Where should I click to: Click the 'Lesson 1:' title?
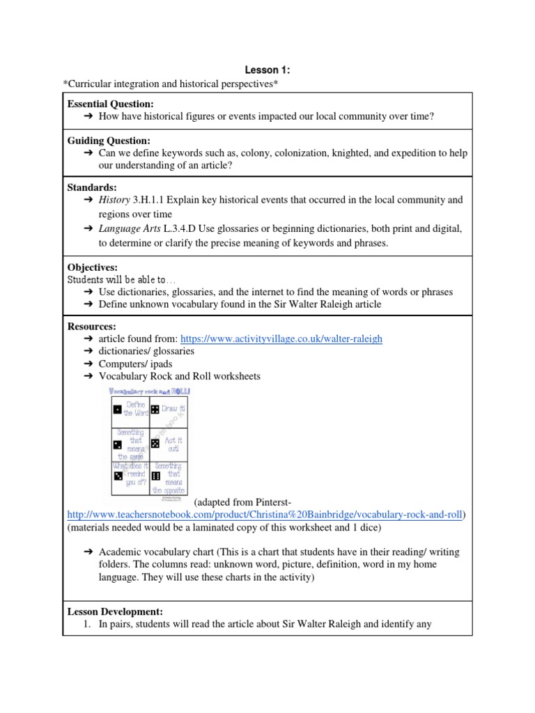click(x=267, y=70)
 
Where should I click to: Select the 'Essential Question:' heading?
click(x=110, y=104)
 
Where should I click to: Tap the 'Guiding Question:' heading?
click(x=108, y=141)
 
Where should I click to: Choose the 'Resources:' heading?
click(x=92, y=326)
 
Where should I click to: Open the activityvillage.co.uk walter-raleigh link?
click(x=281, y=339)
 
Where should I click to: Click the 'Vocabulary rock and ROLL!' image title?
click(x=150, y=392)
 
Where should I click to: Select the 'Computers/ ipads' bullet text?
click(x=135, y=364)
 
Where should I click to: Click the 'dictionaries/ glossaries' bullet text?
click(x=146, y=352)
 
